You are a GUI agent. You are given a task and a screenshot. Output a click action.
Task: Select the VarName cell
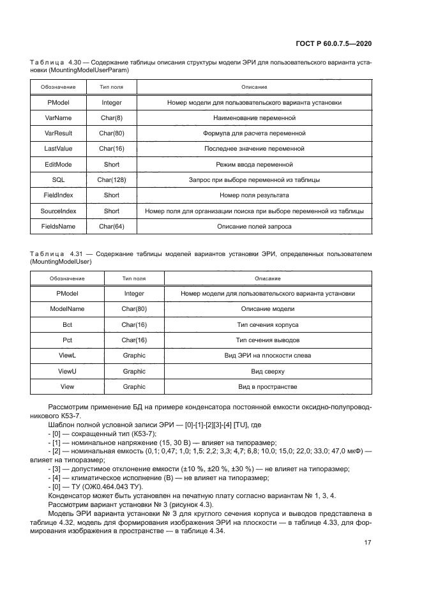tap(58, 118)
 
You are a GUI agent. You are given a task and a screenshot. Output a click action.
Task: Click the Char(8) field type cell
tap(112, 118)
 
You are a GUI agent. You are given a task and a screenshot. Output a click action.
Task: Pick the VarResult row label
tap(58, 133)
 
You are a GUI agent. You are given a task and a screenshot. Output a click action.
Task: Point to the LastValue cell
tap(58, 149)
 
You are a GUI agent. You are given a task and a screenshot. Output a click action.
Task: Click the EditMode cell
tap(58, 165)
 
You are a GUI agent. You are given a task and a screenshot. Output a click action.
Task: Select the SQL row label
tap(58, 180)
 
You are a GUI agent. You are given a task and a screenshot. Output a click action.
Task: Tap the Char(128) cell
tap(112, 180)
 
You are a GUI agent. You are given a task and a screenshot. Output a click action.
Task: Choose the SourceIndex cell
tap(58, 211)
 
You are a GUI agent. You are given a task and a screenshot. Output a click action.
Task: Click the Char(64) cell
tap(112, 226)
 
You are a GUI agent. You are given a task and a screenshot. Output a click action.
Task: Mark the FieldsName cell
tap(58, 226)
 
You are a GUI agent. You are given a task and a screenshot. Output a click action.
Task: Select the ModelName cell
tap(67, 309)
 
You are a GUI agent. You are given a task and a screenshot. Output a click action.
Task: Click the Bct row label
tap(67, 324)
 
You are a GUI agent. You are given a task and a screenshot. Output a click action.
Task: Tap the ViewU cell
tap(67, 371)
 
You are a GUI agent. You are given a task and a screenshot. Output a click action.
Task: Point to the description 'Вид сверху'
tap(268, 371)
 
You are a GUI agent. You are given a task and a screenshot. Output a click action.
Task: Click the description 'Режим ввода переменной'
tap(254, 165)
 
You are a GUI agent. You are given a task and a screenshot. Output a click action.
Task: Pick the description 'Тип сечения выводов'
tap(268, 340)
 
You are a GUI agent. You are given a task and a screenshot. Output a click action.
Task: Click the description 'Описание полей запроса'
tap(254, 226)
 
